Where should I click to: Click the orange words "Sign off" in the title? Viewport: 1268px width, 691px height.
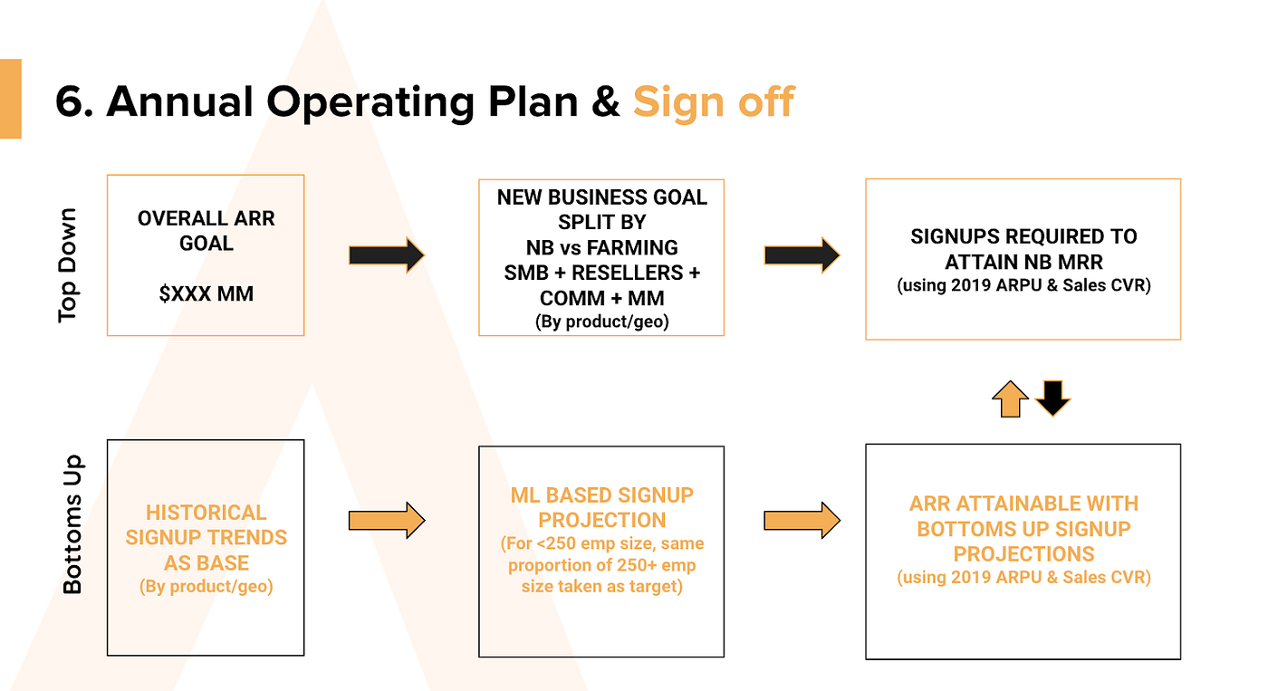click(x=714, y=102)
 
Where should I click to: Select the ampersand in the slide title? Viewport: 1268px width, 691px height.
click(x=606, y=102)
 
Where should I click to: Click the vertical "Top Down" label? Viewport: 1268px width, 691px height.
click(x=67, y=265)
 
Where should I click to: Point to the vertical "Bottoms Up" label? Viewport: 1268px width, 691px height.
click(x=72, y=524)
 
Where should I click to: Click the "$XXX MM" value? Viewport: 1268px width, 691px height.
click(x=207, y=293)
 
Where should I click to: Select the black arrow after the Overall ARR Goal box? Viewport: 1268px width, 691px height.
click(x=387, y=255)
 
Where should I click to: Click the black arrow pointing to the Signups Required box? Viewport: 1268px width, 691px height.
click(x=802, y=255)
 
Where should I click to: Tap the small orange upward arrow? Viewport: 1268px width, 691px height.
click(x=1011, y=399)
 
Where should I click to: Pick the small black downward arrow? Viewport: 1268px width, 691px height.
click(x=1052, y=398)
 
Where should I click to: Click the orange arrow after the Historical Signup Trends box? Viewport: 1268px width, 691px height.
click(x=387, y=520)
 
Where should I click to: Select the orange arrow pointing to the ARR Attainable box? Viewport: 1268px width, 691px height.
click(x=802, y=520)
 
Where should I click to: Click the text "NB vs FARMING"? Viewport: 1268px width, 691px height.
click(x=601, y=248)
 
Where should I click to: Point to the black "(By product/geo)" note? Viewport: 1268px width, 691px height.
click(x=601, y=322)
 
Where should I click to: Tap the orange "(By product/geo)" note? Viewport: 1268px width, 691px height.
click(x=207, y=586)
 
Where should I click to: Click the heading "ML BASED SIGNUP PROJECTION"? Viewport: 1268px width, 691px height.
click(x=601, y=508)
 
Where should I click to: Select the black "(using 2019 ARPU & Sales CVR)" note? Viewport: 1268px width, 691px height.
click(x=1023, y=285)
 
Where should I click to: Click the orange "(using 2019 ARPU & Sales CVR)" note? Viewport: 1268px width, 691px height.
click(x=1023, y=577)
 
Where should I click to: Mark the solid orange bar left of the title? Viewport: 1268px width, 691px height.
click(x=11, y=99)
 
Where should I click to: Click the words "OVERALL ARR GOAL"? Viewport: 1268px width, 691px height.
click(x=207, y=231)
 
